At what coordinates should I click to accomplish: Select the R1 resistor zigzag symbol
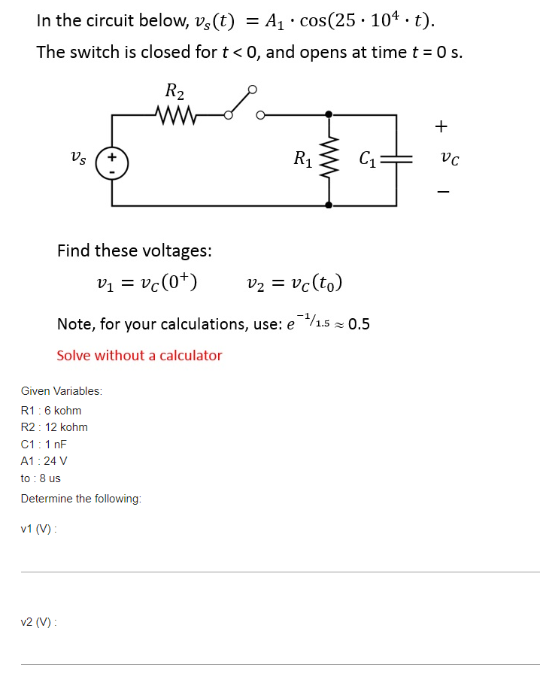coord(329,159)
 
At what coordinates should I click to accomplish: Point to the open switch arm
coord(241,102)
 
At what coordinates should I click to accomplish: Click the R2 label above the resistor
coord(174,93)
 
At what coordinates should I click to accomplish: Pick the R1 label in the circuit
coord(304,159)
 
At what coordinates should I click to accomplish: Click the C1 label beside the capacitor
coord(369,159)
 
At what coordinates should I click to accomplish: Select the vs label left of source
coord(78,159)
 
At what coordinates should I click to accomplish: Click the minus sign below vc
coord(442,193)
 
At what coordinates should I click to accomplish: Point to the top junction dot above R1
coord(329,115)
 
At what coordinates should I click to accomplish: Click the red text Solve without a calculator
coord(139,355)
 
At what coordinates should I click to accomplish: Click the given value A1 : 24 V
coord(44,461)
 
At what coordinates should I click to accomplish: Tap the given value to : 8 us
coord(41,478)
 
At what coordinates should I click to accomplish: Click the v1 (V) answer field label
coord(39,529)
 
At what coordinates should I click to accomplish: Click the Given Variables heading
coord(62,391)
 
